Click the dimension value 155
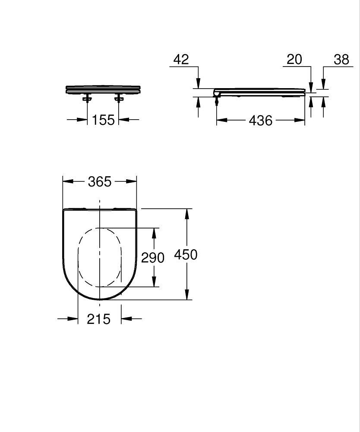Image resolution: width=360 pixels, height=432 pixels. (x=103, y=120)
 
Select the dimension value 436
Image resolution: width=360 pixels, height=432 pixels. (x=261, y=120)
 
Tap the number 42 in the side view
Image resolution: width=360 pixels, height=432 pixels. (x=181, y=59)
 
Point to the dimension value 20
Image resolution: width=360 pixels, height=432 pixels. (x=294, y=59)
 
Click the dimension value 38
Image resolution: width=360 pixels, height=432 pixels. (x=341, y=59)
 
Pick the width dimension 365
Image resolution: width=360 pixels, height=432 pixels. (x=100, y=182)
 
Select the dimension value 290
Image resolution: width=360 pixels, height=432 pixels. (x=153, y=257)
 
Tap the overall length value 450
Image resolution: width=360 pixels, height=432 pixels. (x=186, y=254)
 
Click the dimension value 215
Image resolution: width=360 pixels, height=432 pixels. (x=99, y=319)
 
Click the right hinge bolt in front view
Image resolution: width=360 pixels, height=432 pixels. (x=119, y=99)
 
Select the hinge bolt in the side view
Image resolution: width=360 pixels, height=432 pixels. (x=217, y=101)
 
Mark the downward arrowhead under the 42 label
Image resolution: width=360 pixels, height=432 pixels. (x=198, y=83)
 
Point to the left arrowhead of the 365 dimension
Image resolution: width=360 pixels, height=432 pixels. (x=67, y=182)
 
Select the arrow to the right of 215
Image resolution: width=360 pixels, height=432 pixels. (x=126, y=319)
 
